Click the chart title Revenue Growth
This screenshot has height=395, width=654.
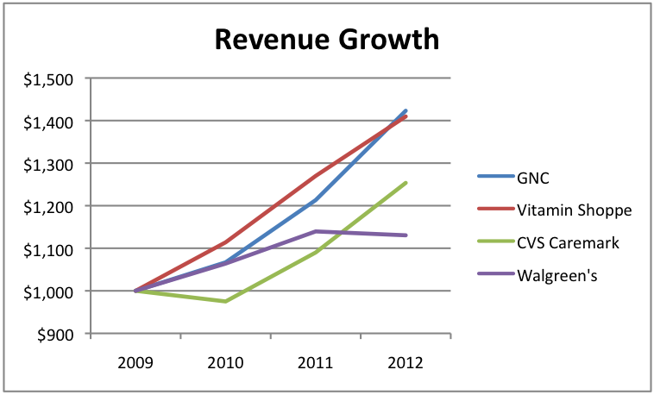pyautogui.click(x=327, y=40)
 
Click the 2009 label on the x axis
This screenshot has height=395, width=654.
pyautogui.click(x=135, y=360)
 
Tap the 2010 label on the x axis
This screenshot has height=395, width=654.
pyautogui.click(x=225, y=360)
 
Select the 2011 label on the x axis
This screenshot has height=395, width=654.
pyautogui.click(x=316, y=360)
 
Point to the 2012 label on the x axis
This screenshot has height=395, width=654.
pyautogui.click(x=406, y=360)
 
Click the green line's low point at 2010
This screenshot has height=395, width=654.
pyautogui.click(x=225, y=301)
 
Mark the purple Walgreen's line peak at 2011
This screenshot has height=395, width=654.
pyautogui.click(x=316, y=231)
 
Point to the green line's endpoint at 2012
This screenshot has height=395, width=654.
pyautogui.click(x=406, y=183)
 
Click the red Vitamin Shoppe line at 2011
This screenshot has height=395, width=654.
pyautogui.click(x=316, y=176)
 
